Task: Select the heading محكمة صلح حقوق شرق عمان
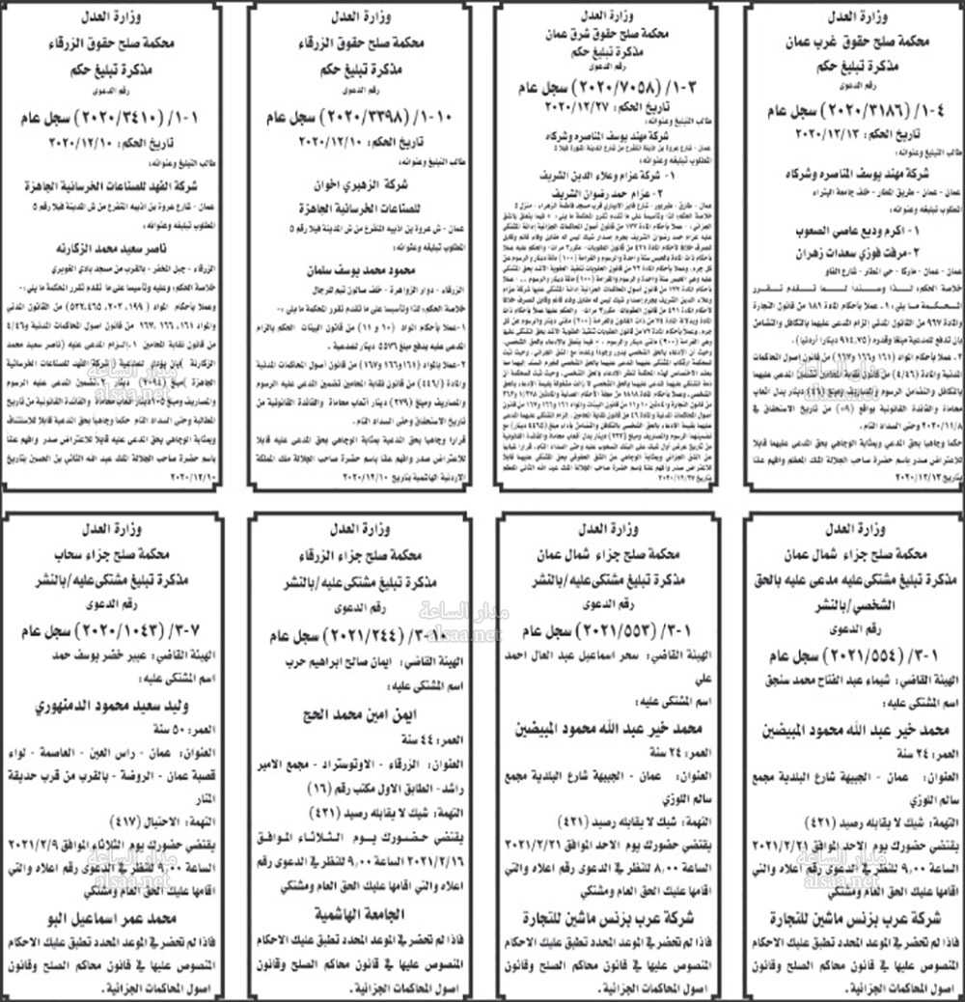[x=606, y=31]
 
